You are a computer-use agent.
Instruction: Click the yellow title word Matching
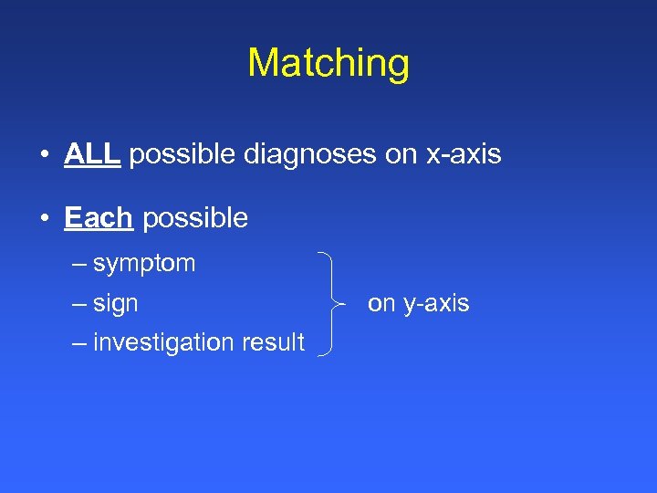click(x=328, y=64)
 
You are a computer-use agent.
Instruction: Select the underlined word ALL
click(x=92, y=154)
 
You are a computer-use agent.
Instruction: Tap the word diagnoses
click(x=310, y=154)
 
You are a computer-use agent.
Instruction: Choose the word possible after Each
click(x=195, y=218)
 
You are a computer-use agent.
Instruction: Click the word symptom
click(x=144, y=264)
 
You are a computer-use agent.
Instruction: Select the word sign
click(x=116, y=303)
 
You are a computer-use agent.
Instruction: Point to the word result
click(x=271, y=342)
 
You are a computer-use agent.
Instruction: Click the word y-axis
click(x=433, y=303)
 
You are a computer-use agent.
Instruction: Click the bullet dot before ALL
click(x=45, y=155)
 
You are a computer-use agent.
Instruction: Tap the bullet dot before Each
click(x=45, y=219)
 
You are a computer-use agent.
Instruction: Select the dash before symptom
click(x=77, y=264)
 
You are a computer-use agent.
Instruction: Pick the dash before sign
click(x=77, y=303)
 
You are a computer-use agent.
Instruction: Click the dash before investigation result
click(x=77, y=342)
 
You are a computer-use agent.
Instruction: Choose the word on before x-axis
click(x=400, y=154)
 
